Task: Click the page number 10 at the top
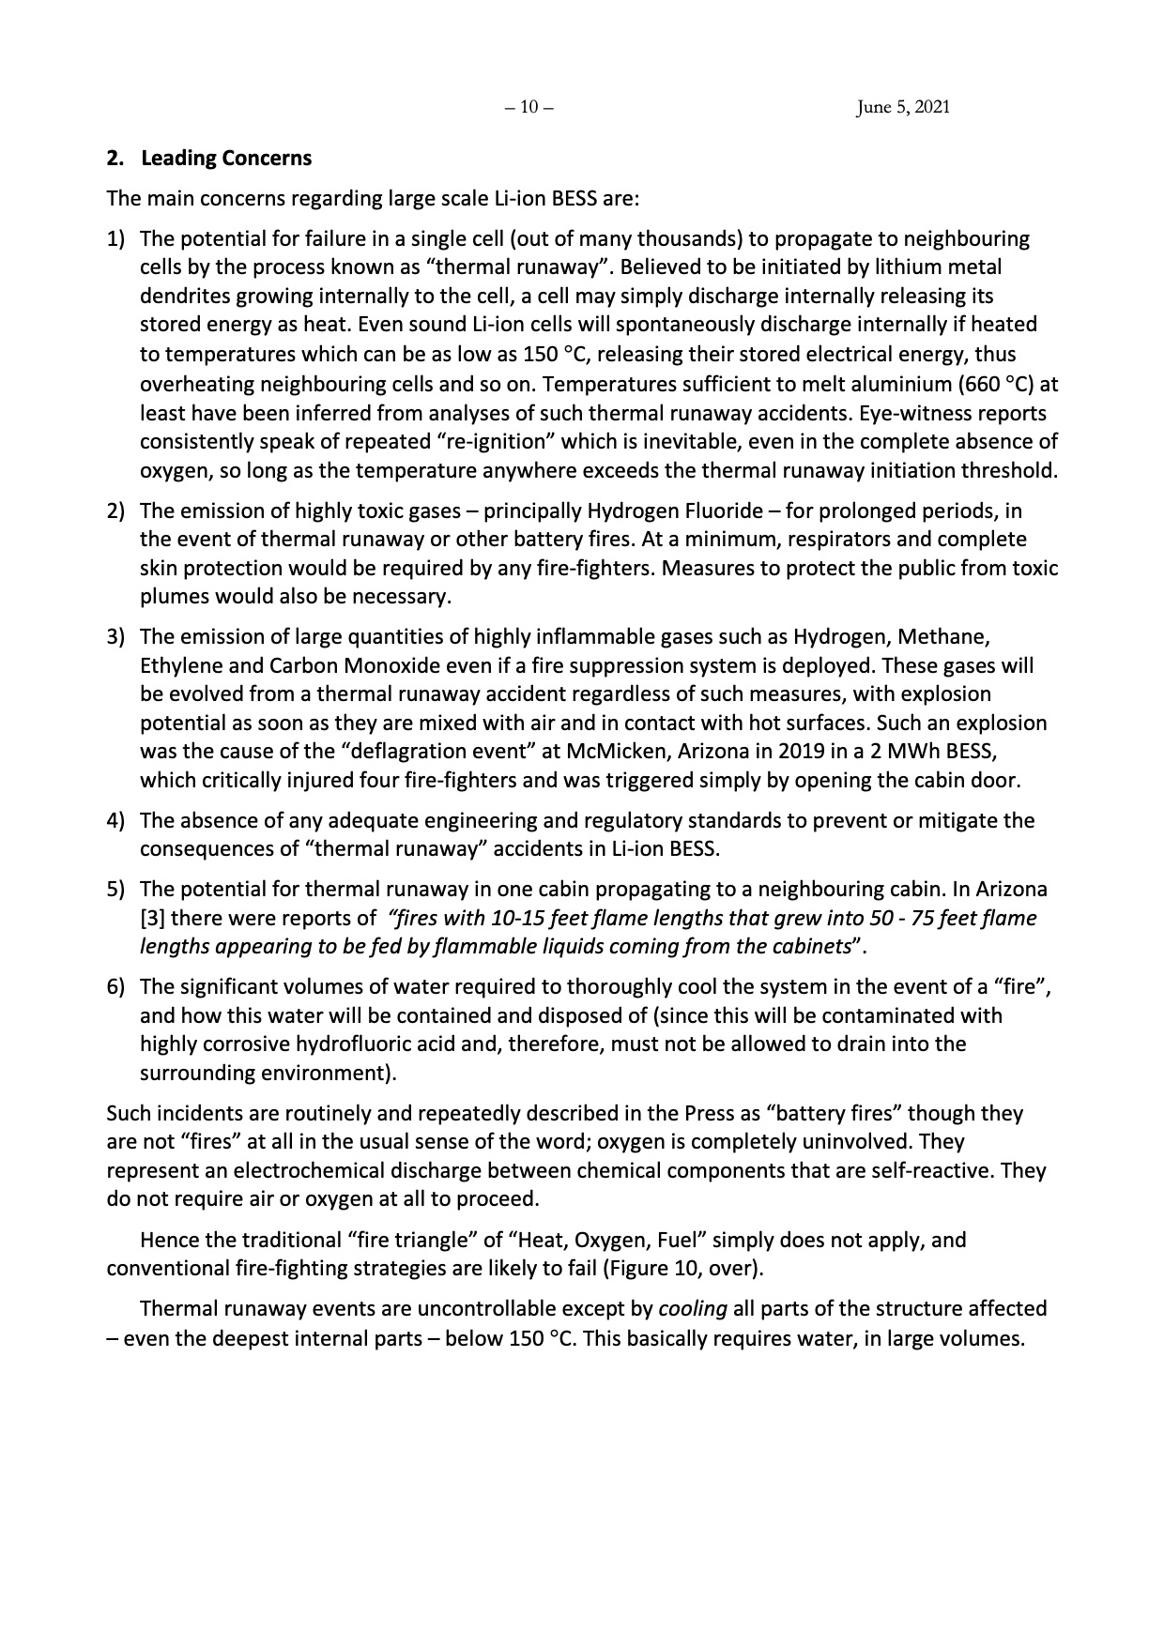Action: tap(528, 107)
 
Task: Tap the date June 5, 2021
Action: tap(903, 107)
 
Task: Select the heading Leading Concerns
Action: tap(226, 158)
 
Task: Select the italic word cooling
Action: tap(693, 1309)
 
